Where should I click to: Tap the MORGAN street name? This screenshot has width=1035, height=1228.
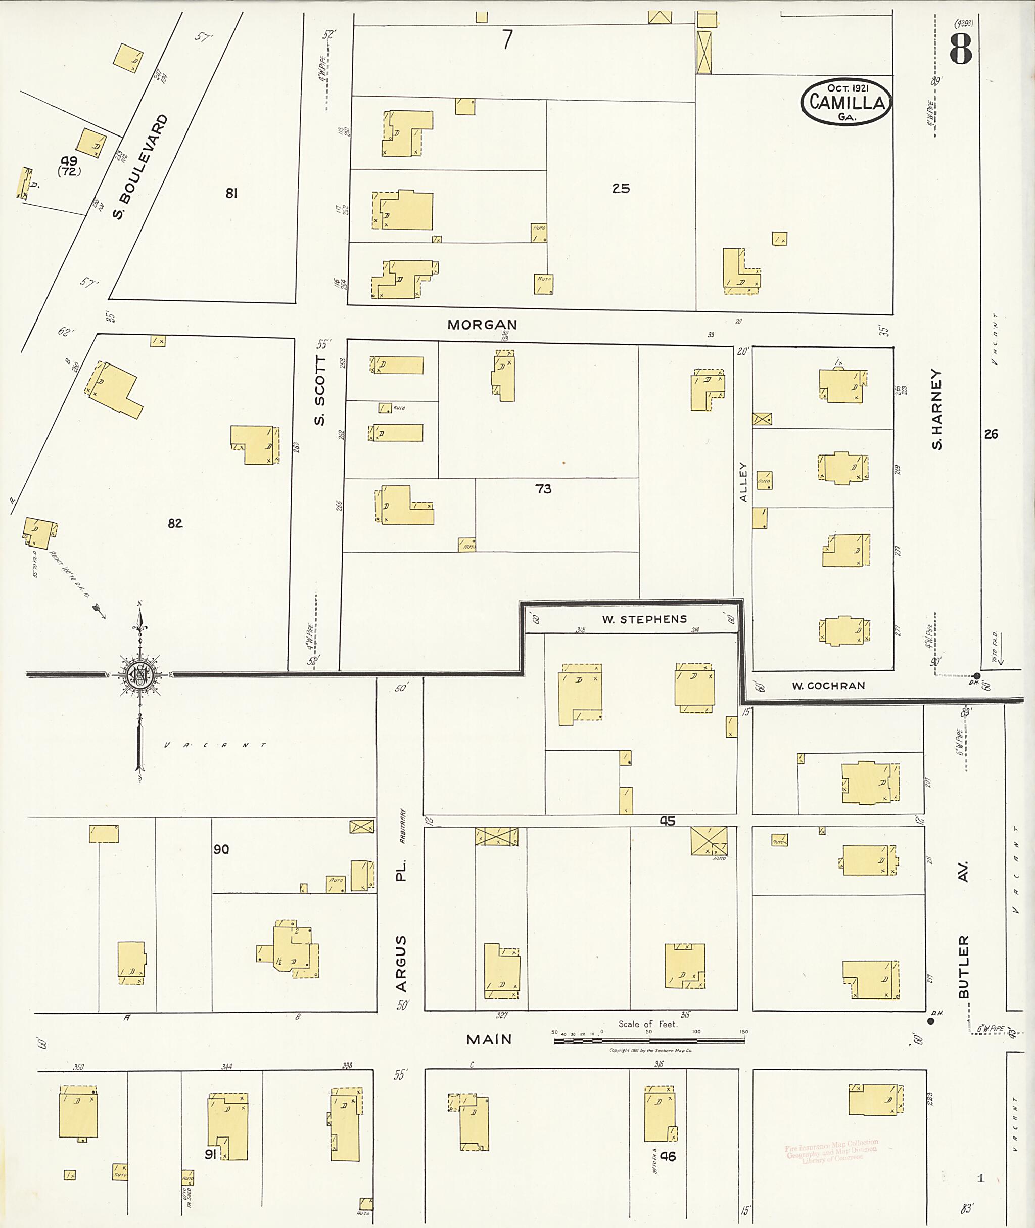(482, 325)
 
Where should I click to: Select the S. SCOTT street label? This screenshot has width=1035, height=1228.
(320, 390)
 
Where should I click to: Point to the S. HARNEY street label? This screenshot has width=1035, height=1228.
(937, 410)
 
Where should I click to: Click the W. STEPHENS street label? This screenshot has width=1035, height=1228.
(644, 619)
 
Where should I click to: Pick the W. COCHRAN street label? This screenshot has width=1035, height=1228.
(828, 686)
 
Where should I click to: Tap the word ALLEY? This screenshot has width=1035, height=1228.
(743, 482)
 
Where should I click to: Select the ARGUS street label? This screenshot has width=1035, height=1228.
(401, 963)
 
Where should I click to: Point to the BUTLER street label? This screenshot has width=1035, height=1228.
(963, 966)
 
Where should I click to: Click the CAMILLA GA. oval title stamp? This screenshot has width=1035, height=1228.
(846, 102)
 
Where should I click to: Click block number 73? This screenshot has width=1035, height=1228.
(543, 488)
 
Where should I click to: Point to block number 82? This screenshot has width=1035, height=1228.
(175, 523)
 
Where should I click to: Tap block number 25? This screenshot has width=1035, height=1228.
(621, 189)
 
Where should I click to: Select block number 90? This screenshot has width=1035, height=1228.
(221, 849)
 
